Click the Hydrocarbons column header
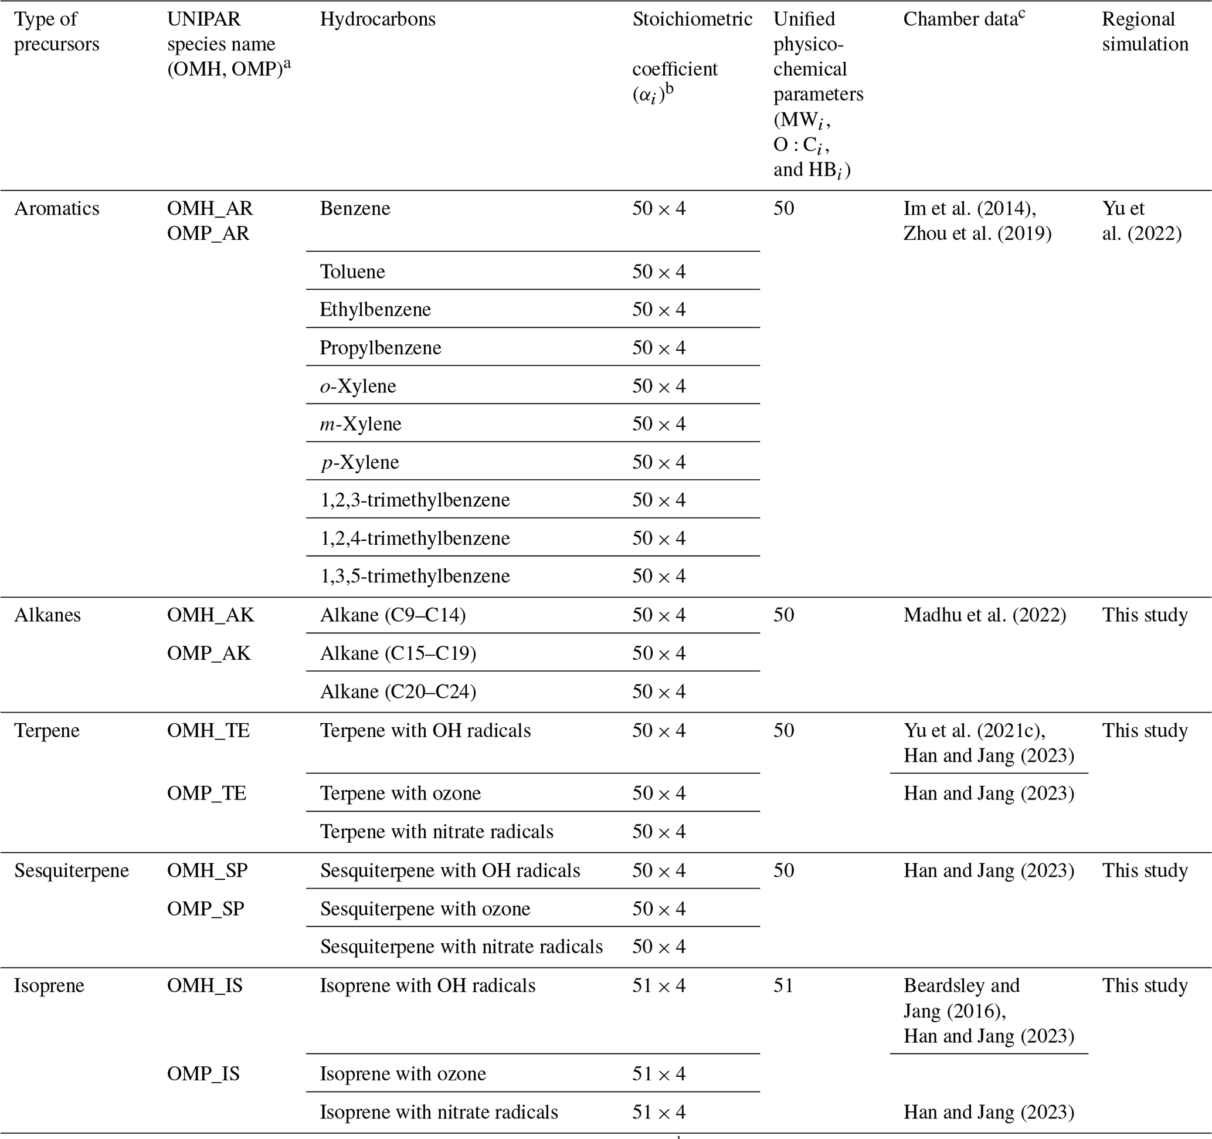click(x=378, y=19)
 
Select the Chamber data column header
click(x=963, y=19)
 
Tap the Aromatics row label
click(x=57, y=209)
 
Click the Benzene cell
click(x=355, y=209)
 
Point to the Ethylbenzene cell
click(x=375, y=310)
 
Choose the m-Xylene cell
click(x=360, y=424)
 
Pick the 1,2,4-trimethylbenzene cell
click(x=415, y=538)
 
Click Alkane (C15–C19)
click(x=398, y=653)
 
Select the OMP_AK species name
click(x=209, y=653)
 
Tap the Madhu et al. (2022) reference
click(x=984, y=615)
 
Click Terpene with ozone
click(x=400, y=794)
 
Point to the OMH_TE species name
click(x=209, y=730)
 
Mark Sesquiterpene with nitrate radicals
click(x=461, y=946)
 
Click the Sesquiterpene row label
click(x=72, y=871)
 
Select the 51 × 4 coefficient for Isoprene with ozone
click(x=658, y=1074)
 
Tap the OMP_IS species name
click(x=203, y=1074)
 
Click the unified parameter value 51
click(x=783, y=986)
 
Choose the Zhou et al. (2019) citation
click(x=977, y=233)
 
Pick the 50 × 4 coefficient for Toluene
click(x=658, y=272)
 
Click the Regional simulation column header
click(x=1145, y=32)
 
